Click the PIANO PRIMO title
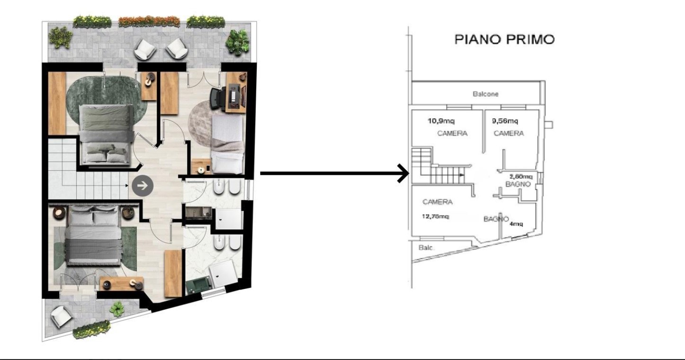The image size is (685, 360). point(504,39)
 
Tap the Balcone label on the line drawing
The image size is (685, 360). point(485,94)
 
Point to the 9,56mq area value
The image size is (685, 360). point(505,120)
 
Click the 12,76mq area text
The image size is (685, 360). point(435,216)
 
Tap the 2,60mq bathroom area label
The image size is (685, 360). point(522,177)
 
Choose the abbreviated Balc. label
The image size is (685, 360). point(427,248)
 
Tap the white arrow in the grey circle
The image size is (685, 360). point(142,186)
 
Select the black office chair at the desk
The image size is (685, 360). point(218,98)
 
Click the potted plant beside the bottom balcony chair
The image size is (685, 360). point(117,310)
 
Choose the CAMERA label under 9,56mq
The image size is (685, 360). point(509,134)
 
